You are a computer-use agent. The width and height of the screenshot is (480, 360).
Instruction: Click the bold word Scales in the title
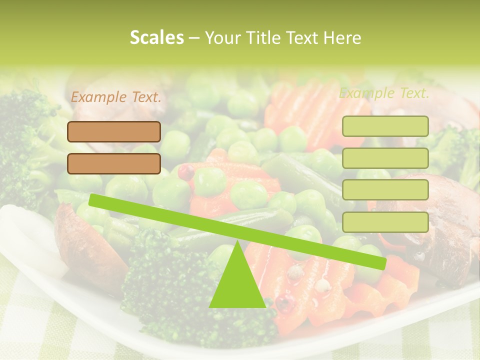(x=156, y=37)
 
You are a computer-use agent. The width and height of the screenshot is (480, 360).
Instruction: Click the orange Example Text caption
(x=116, y=97)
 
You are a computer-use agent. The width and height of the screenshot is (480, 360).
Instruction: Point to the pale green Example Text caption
(x=384, y=93)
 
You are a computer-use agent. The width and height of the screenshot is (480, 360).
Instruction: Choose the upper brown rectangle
(x=114, y=131)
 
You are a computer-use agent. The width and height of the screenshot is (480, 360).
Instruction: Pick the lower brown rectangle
(x=114, y=163)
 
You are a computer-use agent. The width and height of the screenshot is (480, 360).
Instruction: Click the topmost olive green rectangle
(x=385, y=126)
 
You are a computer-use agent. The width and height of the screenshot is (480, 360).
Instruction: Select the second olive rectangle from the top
(x=385, y=158)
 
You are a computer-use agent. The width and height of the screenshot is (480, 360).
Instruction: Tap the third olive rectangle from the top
(x=385, y=190)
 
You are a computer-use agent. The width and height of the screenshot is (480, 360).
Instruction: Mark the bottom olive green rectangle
(x=385, y=222)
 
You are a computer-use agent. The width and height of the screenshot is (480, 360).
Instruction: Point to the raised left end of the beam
(x=93, y=200)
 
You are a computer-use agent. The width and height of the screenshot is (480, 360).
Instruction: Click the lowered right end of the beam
(x=382, y=263)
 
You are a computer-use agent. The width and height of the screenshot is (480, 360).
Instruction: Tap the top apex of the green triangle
(x=237, y=242)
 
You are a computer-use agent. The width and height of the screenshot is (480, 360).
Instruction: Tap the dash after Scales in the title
(x=194, y=38)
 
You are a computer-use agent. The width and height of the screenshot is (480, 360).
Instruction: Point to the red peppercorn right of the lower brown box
(x=186, y=171)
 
